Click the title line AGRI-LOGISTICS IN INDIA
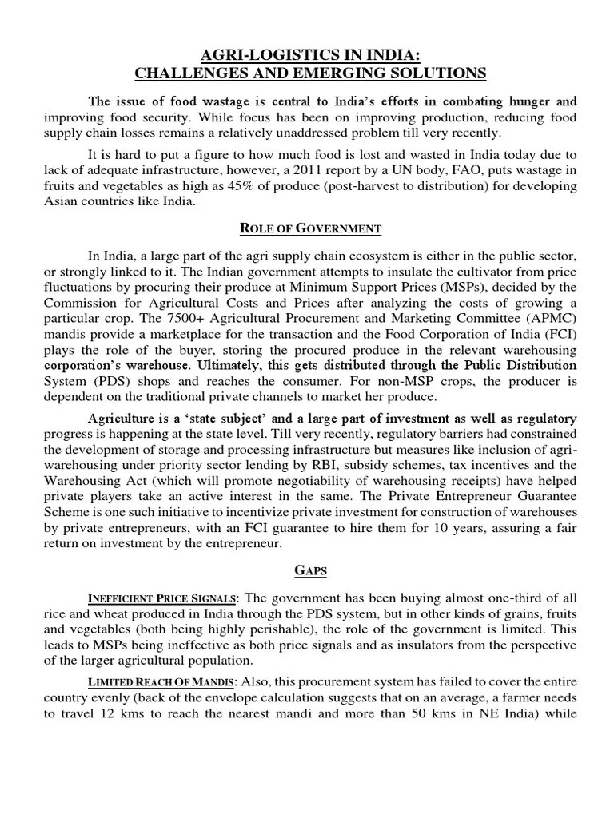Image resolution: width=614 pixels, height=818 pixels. click(x=310, y=55)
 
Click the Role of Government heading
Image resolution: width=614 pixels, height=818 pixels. click(x=311, y=229)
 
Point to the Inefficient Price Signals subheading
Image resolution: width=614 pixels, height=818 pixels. click(x=161, y=599)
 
